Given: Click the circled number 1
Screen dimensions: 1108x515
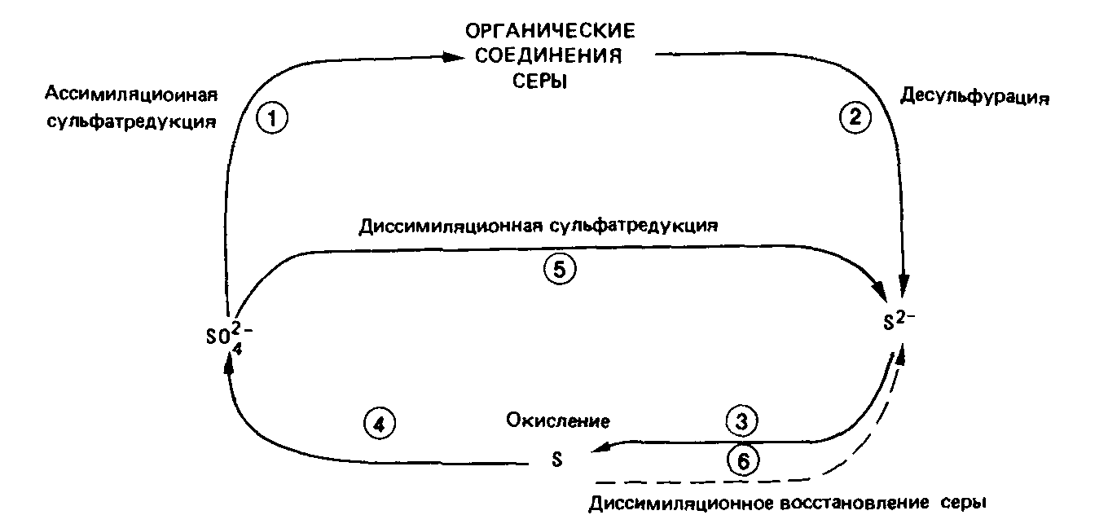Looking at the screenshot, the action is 273,120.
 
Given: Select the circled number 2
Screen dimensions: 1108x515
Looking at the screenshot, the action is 855,119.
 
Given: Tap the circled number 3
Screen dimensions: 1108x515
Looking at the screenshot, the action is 741,422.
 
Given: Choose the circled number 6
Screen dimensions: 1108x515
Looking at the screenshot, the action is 742,460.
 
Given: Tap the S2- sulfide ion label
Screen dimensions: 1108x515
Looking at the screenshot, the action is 899,319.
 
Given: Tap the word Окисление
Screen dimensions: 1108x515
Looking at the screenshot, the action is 557,421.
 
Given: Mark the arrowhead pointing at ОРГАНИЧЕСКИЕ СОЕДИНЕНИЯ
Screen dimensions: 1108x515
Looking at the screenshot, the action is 454,57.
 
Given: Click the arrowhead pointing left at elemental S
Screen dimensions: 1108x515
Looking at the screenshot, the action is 604,447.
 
